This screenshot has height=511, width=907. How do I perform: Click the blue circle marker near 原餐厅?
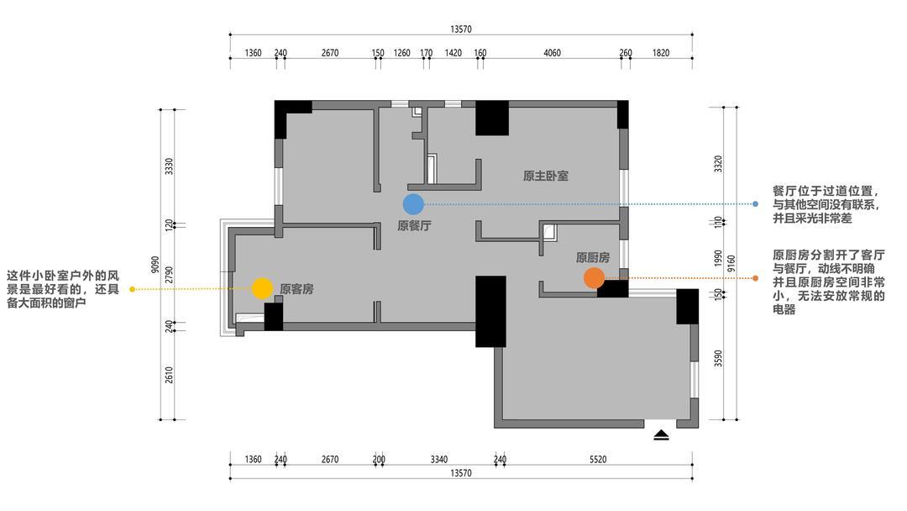click(413, 203)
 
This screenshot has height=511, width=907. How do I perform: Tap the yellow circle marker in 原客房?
click(262, 288)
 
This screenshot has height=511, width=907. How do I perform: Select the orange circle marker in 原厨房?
click(594, 278)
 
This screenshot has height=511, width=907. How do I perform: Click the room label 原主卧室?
click(546, 176)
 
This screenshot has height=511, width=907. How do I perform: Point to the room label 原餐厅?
click(414, 226)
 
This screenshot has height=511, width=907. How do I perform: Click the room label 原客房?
click(296, 289)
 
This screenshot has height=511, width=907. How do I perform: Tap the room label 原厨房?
click(593, 257)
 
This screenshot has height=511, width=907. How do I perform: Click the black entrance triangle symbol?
click(661, 435)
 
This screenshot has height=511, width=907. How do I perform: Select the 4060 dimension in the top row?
click(552, 53)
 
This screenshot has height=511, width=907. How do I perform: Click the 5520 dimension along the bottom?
click(598, 460)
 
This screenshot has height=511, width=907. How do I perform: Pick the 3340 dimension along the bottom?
click(439, 460)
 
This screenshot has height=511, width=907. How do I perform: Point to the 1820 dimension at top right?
click(661, 53)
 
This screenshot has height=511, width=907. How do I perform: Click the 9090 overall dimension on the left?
click(154, 265)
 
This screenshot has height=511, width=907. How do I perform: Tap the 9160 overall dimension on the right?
click(731, 263)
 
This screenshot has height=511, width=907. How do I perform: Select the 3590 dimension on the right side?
click(718, 358)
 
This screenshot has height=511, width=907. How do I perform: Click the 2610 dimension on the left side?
click(169, 375)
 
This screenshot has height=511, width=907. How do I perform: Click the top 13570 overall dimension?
click(461, 29)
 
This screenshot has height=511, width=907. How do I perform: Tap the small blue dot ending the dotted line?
click(756, 203)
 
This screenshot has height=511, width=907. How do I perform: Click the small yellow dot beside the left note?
click(133, 289)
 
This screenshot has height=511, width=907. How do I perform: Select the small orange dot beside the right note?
click(756, 278)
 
